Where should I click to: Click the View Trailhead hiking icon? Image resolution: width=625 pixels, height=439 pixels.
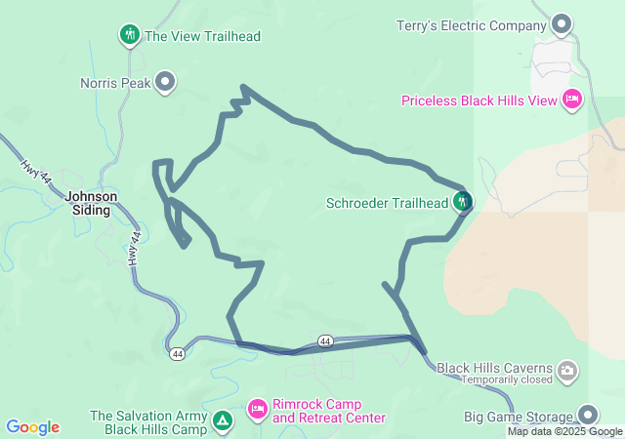(130, 36)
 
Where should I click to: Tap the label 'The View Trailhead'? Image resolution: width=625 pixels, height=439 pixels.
(202, 36)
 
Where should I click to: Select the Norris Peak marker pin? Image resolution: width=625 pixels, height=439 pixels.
(166, 82)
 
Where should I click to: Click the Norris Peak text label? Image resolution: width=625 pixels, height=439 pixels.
(115, 83)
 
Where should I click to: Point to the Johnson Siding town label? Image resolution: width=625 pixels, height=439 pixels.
(91, 202)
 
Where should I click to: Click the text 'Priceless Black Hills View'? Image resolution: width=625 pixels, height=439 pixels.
(479, 100)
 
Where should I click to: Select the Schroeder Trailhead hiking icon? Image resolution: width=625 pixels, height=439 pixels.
(463, 203)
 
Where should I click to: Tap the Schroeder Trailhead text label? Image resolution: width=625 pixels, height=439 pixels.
(388, 204)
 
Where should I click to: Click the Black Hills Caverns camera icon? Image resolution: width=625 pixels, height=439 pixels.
(567, 370)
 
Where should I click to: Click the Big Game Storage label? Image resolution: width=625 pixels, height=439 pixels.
(518, 417)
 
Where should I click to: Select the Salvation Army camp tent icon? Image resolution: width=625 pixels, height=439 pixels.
(223, 421)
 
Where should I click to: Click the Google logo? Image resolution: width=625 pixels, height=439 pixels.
(32, 427)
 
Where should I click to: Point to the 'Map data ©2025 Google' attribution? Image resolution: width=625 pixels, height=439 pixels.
(564, 431)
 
